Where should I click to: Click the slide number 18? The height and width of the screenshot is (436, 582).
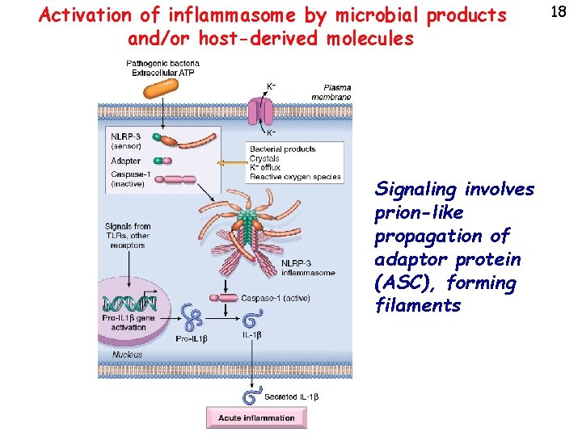pyautogui.click(x=557, y=10)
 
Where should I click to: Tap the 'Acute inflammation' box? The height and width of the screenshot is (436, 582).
pyautogui.click(x=256, y=417)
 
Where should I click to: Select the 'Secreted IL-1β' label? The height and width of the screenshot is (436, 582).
pyautogui.click(x=293, y=397)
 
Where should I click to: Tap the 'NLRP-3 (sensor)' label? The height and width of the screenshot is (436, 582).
pyautogui.click(x=125, y=141)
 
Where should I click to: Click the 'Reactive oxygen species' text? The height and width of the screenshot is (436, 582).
pyautogui.click(x=295, y=177)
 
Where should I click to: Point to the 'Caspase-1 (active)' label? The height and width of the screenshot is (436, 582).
pyautogui.click(x=275, y=298)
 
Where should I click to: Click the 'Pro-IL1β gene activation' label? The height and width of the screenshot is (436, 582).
pyautogui.click(x=134, y=323)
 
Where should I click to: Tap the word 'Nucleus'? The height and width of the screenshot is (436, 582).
pyautogui.click(x=127, y=354)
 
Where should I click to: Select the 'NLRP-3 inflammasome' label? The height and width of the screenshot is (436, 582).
pyautogui.click(x=308, y=267)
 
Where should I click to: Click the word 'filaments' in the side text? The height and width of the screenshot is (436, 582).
pyautogui.click(x=418, y=306)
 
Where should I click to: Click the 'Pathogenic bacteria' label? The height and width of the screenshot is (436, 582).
pyautogui.click(x=157, y=64)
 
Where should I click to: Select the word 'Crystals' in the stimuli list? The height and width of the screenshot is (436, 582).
pyautogui.click(x=264, y=158)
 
